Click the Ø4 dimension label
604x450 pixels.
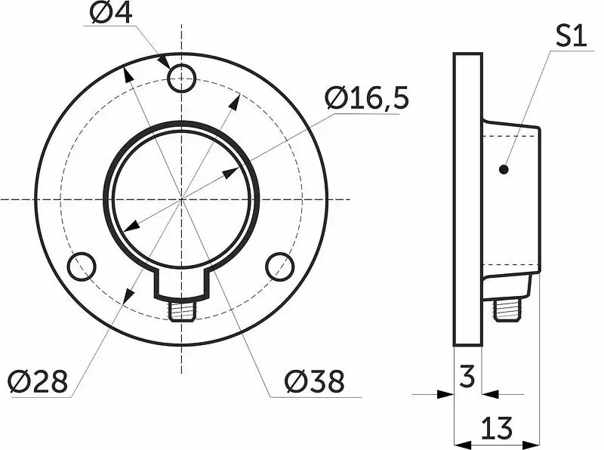[x=111, y=13]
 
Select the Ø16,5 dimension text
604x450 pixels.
[x=366, y=98]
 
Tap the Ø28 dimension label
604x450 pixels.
[x=38, y=382]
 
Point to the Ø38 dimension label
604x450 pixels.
[x=314, y=381]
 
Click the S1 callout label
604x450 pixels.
[x=572, y=36]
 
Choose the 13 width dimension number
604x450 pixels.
[x=497, y=428]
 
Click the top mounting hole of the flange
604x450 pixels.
[x=182, y=79]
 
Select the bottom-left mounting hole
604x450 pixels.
[x=82, y=267]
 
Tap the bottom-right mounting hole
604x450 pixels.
[x=279, y=267]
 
